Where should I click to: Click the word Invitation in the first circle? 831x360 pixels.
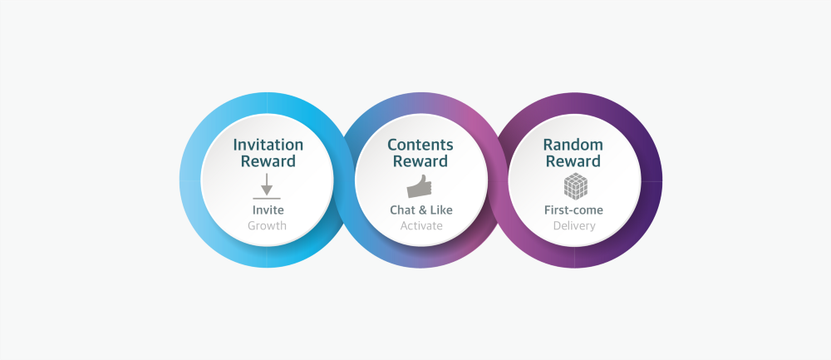tap(268, 145)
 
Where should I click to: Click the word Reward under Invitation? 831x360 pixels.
tap(268, 161)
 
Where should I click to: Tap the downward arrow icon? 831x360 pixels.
tap(267, 184)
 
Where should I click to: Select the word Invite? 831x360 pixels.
tap(268, 210)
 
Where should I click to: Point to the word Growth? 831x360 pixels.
tap(267, 226)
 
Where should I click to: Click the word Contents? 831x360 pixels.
tap(420, 145)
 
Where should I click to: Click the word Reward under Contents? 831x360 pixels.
tap(420, 161)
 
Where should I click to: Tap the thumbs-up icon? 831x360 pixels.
tap(419, 186)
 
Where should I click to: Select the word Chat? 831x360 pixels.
tap(403, 210)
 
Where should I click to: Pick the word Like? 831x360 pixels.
tap(441, 210)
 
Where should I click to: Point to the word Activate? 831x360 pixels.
tap(421, 226)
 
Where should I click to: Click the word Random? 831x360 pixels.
tap(573, 145)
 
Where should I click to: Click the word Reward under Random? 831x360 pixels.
tap(573, 161)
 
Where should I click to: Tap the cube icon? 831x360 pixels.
tap(575, 186)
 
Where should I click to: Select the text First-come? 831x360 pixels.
tap(573, 210)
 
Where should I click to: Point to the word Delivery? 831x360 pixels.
tap(574, 226)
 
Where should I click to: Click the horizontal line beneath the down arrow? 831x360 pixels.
tap(267, 199)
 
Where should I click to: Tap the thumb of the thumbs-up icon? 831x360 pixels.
tap(422, 179)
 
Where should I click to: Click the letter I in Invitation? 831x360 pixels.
tap(235, 145)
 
